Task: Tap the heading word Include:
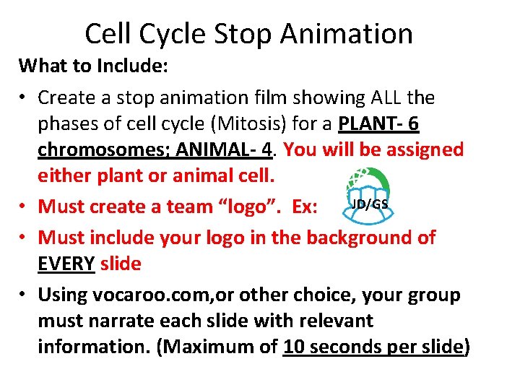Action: coord(133,66)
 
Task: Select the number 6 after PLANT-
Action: coord(412,124)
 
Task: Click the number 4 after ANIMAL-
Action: coord(269,150)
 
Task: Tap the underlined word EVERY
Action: coord(66,264)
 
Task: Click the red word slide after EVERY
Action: coord(121,264)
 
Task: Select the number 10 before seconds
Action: coord(295,347)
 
